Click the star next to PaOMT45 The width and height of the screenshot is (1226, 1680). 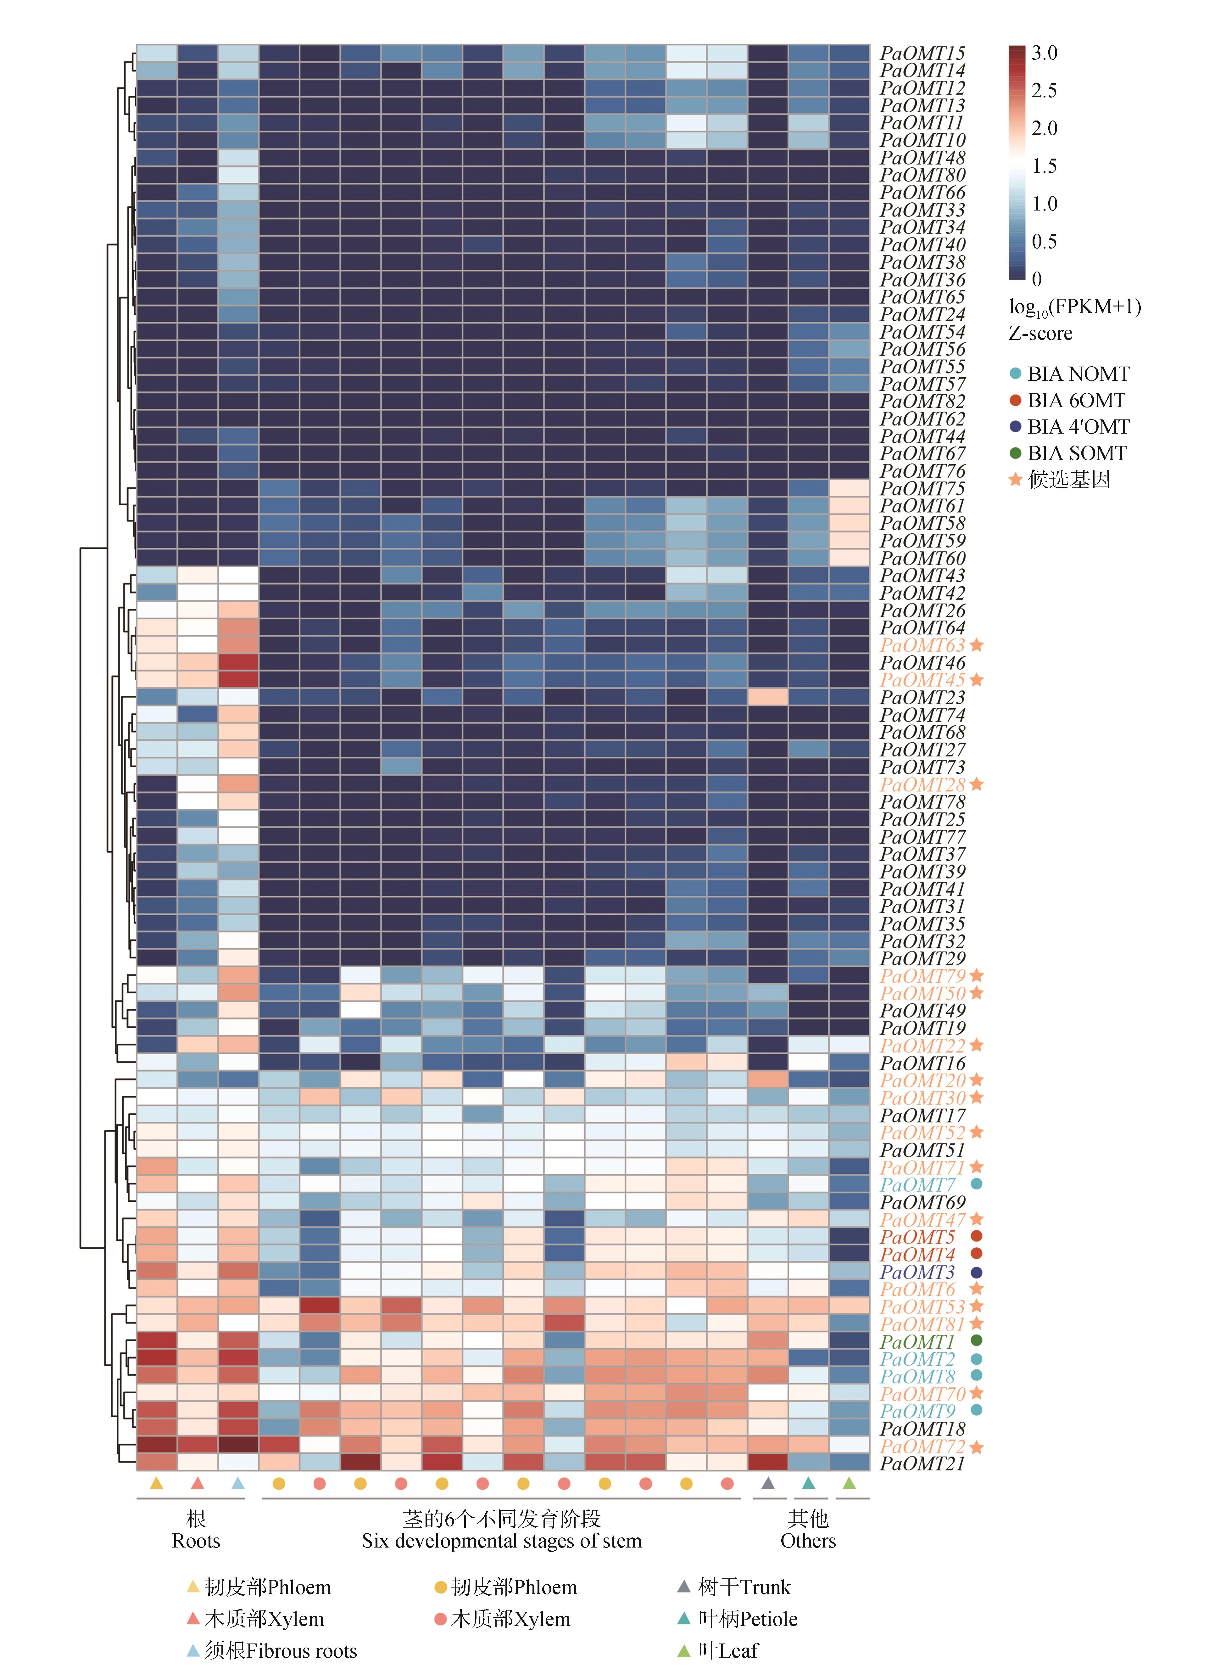pos(977,680)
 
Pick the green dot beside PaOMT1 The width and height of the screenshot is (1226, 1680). pos(977,1341)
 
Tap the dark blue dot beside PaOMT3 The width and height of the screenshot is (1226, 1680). pos(977,1273)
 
